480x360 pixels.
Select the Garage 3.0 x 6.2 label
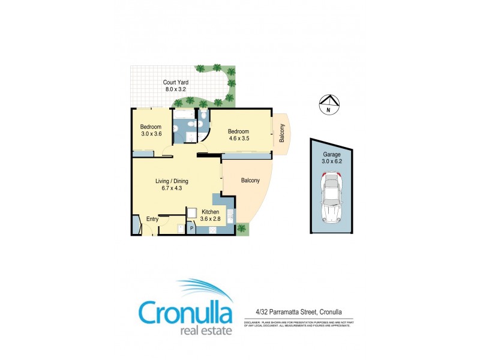(331, 157)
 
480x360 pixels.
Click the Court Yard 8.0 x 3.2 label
(177, 86)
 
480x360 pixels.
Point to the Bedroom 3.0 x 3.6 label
(151, 130)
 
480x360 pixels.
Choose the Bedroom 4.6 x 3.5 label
(238, 135)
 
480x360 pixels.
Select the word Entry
(152, 220)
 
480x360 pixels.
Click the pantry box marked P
(192, 229)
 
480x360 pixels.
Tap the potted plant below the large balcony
(241, 228)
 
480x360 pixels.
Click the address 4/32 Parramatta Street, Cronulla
(295, 311)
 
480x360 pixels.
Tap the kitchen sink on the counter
(230, 215)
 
